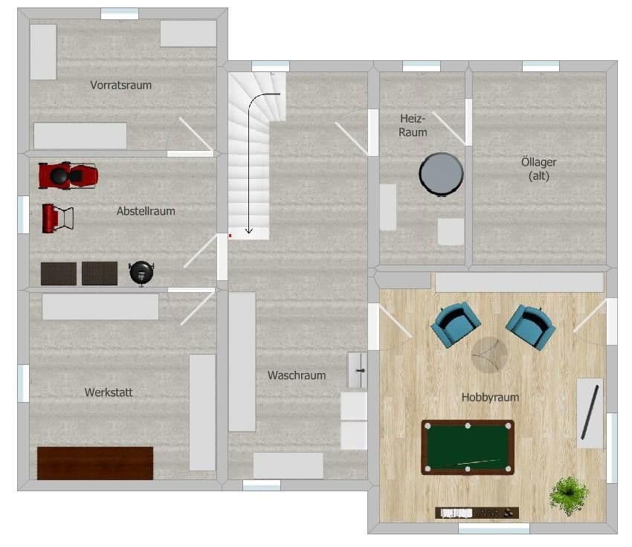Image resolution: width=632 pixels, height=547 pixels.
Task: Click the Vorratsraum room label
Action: [120, 85]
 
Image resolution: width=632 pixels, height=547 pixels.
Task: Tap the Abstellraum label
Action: [146, 211]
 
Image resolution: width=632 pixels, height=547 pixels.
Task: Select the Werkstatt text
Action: [109, 392]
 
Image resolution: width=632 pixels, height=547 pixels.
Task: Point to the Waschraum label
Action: [297, 375]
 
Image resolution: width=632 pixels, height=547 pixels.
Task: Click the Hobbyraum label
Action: [490, 398]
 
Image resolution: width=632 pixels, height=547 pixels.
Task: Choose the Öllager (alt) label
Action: [539, 169]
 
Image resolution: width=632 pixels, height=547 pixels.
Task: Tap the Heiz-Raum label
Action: [413, 125]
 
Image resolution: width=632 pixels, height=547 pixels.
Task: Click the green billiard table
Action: [467, 447]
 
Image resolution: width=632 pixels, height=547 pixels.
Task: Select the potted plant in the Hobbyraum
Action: [570, 495]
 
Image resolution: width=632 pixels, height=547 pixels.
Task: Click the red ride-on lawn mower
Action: [68, 175]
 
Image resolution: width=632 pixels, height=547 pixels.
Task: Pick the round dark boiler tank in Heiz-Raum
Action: [441, 174]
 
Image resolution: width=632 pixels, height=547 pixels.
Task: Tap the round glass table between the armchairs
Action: [489, 355]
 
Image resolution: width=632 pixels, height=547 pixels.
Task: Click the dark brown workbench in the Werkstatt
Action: [95, 462]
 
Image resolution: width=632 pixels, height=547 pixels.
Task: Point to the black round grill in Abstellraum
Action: [141, 273]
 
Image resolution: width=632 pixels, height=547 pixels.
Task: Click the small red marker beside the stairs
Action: [230, 236]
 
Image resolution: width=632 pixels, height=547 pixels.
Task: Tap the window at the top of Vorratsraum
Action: [120, 13]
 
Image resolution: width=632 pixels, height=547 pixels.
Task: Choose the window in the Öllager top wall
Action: [541, 66]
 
